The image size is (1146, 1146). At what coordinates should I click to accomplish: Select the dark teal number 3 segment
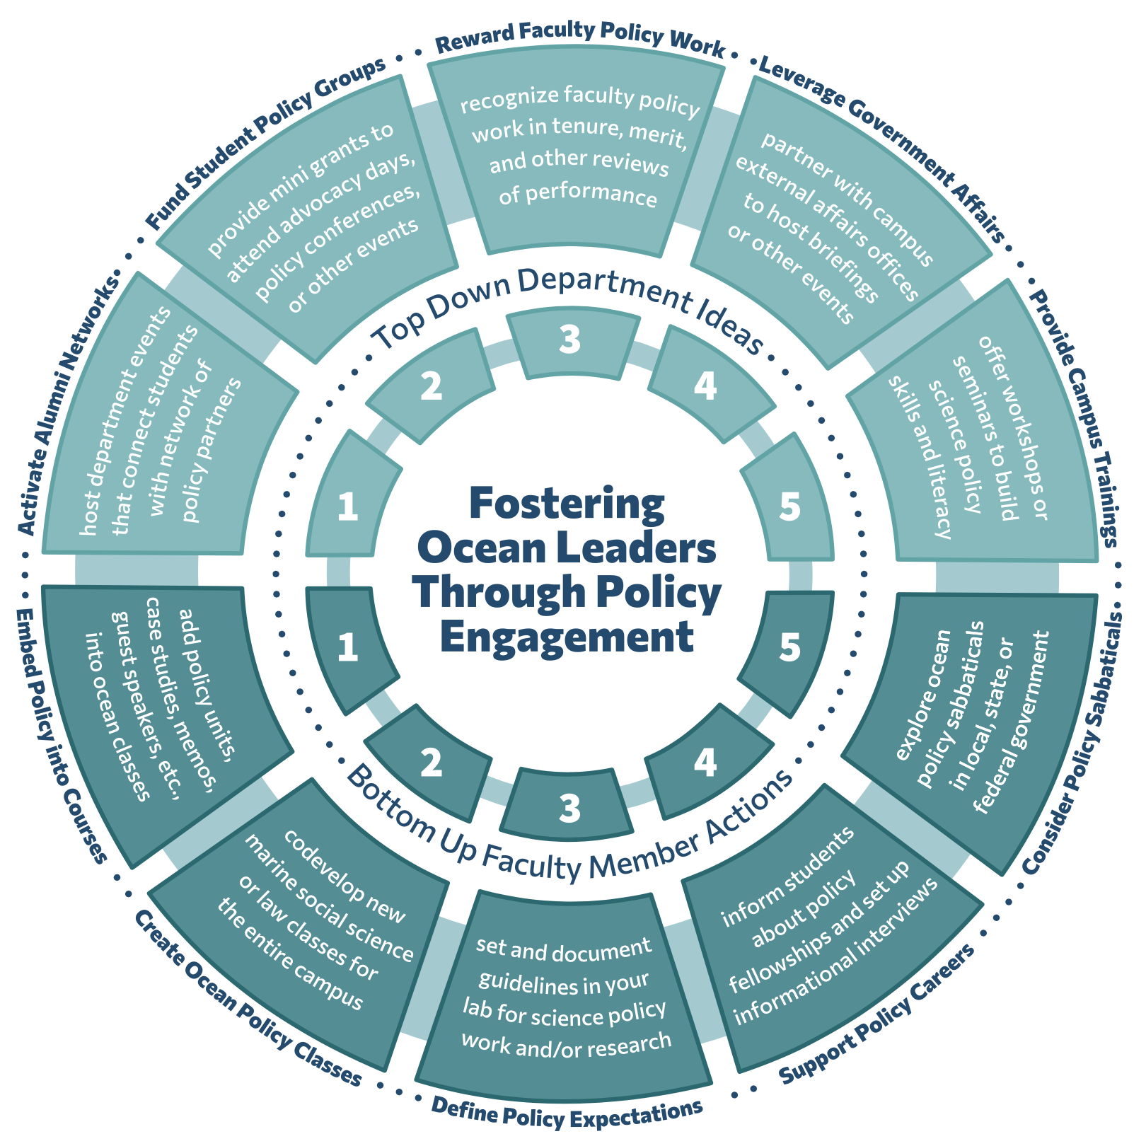pyautogui.click(x=569, y=806)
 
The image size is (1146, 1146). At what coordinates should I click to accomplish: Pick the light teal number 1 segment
pyautogui.click(x=348, y=507)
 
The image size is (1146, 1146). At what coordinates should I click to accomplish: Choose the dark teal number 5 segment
pyautogui.click(x=790, y=647)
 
